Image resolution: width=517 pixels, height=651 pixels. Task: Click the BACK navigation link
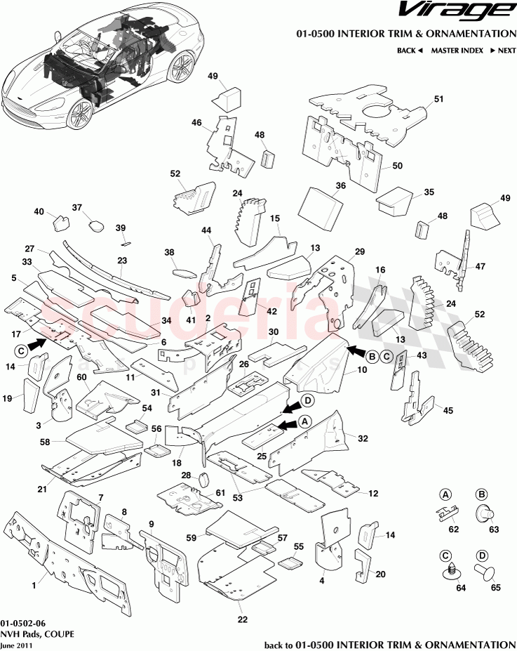[410, 51]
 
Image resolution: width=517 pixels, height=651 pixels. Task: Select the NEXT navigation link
[503, 51]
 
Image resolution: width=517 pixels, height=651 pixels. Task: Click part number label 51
[439, 100]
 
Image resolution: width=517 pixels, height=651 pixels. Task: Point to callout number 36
[341, 186]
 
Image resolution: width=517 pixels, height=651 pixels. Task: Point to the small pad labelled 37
[94, 225]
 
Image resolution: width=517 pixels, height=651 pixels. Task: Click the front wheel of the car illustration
[81, 110]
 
